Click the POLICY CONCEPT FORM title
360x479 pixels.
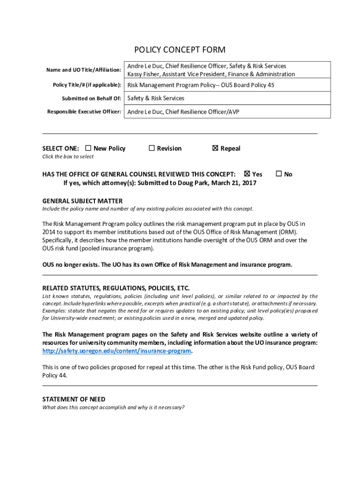(x=180, y=50)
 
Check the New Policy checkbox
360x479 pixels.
(x=89, y=148)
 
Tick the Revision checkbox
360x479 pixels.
(x=151, y=148)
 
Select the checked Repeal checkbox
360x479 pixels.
(x=215, y=148)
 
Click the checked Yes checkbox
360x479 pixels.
(x=247, y=174)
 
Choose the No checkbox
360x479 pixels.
(x=279, y=174)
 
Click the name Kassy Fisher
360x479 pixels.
(x=144, y=74)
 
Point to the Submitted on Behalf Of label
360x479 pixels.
(x=92, y=99)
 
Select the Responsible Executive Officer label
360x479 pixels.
(x=84, y=112)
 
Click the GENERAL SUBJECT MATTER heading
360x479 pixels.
(x=82, y=201)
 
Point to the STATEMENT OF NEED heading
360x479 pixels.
(x=74, y=399)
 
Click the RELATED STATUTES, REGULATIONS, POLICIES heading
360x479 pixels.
(x=116, y=288)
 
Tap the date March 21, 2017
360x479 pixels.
(x=234, y=182)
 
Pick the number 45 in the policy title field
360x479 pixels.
(x=270, y=85)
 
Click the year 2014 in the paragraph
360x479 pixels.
(x=50, y=232)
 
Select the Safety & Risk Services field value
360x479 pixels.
(x=156, y=98)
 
